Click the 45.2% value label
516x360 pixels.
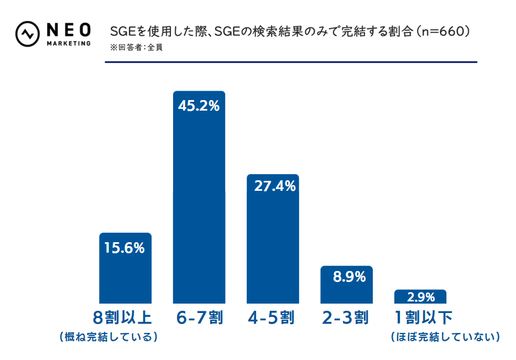pyautogui.click(x=199, y=106)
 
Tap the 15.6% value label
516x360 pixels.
pyautogui.click(x=124, y=248)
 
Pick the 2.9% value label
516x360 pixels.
pyautogui.click(x=421, y=298)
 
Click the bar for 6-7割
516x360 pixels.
pyautogui.click(x=199, y=210)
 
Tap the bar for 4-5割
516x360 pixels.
pyautogui.click(x=273, y=249)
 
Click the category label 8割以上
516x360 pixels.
pyautogui.click(x=123, y=317)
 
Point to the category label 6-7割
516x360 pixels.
pyautogui.click(x=200, y=317)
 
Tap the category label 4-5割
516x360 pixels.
pyautogui.click(x=272, y=317)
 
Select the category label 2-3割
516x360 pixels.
pyautogui.click(x=345, y=317)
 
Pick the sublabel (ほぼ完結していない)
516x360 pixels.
pyautogui.click(x=445, y=337)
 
